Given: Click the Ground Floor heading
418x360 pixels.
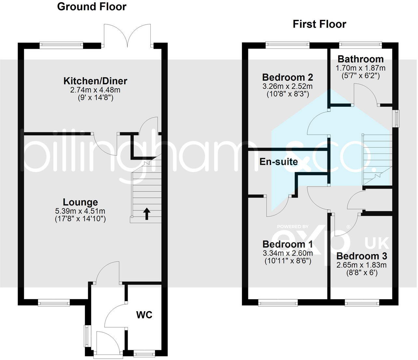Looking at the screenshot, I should point(91,7).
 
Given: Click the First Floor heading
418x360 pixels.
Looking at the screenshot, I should point(319,24).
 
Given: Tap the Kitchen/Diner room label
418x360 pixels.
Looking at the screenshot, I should point(95,81).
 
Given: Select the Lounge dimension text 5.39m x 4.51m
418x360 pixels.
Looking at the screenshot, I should point(80,211).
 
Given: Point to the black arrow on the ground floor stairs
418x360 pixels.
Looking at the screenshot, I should point(147,214).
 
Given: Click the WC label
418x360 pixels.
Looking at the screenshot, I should point(144,315).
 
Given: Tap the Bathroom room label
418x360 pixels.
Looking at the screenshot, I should point(360,59).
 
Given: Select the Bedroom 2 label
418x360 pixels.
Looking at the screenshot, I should point(287,77).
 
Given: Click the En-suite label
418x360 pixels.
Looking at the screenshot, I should point(278,162).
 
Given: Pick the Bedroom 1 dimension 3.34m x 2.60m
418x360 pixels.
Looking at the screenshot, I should point(287,253).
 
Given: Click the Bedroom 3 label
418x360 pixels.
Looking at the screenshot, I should point(362,256).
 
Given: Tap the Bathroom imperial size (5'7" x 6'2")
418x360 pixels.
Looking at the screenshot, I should point(360,76).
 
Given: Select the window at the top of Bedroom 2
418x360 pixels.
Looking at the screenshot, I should point(287,45).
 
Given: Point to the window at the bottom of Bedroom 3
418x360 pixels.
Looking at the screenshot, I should point(362,303).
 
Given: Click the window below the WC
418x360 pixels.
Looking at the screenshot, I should point(144,353).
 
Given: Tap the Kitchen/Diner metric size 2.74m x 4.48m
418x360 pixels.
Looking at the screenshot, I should point(93,90).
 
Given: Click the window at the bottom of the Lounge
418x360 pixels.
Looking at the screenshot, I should point(54,303).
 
